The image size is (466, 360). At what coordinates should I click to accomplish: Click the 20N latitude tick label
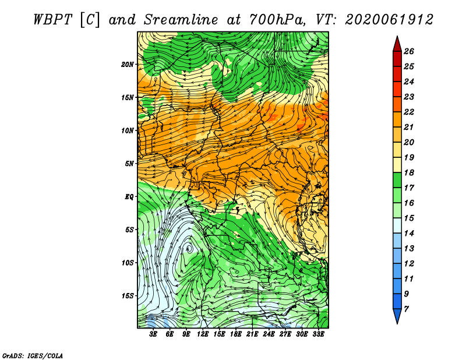click(128, 65)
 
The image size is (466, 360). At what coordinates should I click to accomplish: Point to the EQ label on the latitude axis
click(129, 197)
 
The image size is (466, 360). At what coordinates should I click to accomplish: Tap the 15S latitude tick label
click(128, 296)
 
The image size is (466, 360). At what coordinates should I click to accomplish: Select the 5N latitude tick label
click(129, 164)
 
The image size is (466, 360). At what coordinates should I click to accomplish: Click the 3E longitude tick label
click(153, 334)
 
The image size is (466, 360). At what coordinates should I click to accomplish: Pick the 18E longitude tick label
click(236, 334)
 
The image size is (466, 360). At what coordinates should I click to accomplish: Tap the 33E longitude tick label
click(318, 334)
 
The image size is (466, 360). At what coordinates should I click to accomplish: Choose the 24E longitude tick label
click(269, 334)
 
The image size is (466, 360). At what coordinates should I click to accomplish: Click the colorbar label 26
click(409, 51)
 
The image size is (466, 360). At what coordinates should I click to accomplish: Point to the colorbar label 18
click(409, 172)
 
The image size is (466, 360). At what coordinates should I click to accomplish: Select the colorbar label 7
click(406, 309)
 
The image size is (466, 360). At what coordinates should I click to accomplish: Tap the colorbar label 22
click(409, 112)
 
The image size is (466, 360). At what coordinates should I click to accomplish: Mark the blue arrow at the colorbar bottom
click(397, 316)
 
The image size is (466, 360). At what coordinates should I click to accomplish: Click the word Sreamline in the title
click(181, 20)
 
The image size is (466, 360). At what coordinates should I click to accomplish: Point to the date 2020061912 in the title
click(389, 20)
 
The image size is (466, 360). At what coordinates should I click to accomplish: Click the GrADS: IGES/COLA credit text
click(33, 355)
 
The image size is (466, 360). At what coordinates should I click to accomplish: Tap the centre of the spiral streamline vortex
click(189, 248)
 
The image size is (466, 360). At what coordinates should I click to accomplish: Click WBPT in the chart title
click(52, 20)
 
